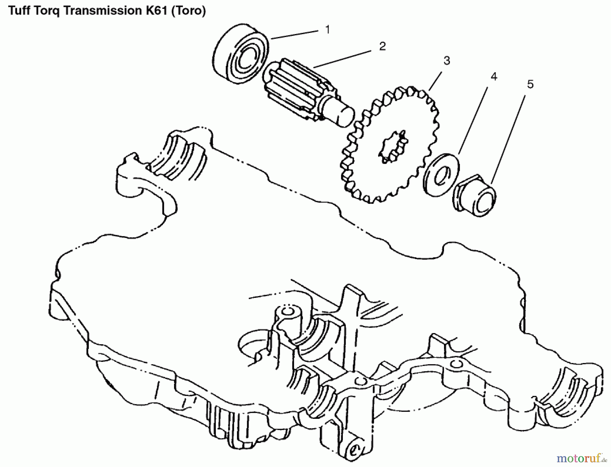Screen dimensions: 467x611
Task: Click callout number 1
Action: [328, 30]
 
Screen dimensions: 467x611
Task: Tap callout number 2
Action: [383, 46]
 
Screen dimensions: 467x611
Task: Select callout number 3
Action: [447, 61]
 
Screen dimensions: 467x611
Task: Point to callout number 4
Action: [494, 77]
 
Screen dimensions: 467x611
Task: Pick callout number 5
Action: [530, 84]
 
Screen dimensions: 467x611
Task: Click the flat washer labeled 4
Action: [441, 175]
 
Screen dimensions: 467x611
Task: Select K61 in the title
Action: [158, 11]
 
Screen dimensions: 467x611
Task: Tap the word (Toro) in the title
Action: [190, 11]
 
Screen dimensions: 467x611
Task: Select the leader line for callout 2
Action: [343, 59]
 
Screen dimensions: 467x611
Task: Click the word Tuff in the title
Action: [19, 11]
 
